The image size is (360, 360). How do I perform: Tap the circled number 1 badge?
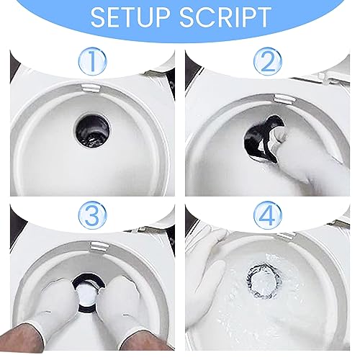(x=92, y=62)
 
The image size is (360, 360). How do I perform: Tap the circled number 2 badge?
(x=267, y=62)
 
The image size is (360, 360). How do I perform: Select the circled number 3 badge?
(x=92, y=215)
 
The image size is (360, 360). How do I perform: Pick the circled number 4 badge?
(x=267, y=215)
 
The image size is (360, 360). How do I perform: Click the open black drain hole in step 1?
(x=92, y=129)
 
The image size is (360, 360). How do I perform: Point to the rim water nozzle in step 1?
(x=90, y=87)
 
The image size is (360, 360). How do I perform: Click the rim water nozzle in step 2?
(x=284, y=99)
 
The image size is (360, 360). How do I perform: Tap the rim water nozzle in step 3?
(x=99, y=247)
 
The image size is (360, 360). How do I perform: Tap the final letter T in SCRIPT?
(x=264, y=17)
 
